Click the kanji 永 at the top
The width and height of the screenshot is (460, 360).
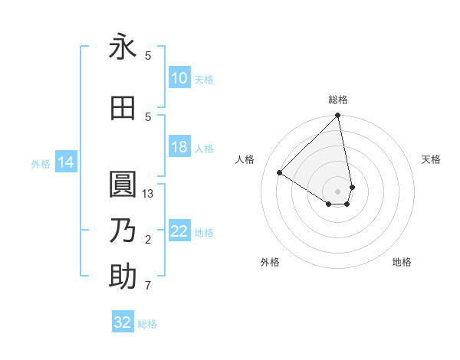[x=123, y=48]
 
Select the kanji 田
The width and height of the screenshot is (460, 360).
[x=123, y=108]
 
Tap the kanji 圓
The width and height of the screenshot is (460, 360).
[x=123, y=185]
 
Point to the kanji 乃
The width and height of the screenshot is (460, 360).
[x=123, y=231]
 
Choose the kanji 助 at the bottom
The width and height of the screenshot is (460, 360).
[x=123, y=277]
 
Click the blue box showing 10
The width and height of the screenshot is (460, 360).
[x=179, y=78]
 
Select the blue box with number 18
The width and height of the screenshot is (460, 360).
[x=179, y=147]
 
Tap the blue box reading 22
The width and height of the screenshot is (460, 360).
[x=179, y=231]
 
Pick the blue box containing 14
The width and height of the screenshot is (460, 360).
[x=66, y=162]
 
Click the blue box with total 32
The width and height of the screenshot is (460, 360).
[x=123, y=322]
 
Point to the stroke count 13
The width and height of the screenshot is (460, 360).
[x=149, y=194]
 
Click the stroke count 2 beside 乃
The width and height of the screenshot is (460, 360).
[x=148, y=241]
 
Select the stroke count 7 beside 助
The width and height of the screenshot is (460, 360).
[x=148, y=286]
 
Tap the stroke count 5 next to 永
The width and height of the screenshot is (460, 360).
[x=148, y=56]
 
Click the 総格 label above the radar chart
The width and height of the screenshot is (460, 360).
[x=338, y=100]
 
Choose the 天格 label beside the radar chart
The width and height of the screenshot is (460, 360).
[x=431, y=159]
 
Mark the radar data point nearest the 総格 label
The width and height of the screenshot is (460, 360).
[x=338, y=116]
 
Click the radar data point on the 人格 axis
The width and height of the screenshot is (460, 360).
[x=280, y=172]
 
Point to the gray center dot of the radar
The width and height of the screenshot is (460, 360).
[x=338, y=191]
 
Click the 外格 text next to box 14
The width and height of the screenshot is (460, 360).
[x=40, y=163]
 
